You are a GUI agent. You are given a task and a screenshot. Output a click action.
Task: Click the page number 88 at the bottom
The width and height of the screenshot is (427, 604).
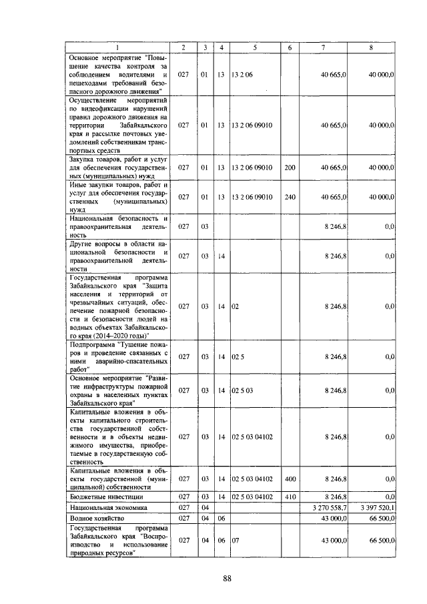click(226, 578)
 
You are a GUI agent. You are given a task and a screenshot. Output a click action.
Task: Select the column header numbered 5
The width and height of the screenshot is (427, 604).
click(254, 47)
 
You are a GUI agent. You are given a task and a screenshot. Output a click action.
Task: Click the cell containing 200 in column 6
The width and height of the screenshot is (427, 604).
click(290, 168)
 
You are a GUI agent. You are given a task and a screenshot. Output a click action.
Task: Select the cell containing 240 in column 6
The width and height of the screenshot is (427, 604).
click(290, 197)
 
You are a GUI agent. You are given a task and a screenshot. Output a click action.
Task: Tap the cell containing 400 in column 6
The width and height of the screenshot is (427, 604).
click(290, 479)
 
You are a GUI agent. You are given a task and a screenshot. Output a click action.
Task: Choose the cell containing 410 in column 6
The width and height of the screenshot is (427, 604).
click(290, 497)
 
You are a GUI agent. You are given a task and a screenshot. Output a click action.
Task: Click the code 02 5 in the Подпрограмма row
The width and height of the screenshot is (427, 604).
click(238, 356)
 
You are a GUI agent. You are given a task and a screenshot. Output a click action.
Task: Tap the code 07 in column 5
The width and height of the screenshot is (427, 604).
click(235, 540)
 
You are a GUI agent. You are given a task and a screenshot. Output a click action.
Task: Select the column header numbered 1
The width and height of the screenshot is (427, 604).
click(118, 47)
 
